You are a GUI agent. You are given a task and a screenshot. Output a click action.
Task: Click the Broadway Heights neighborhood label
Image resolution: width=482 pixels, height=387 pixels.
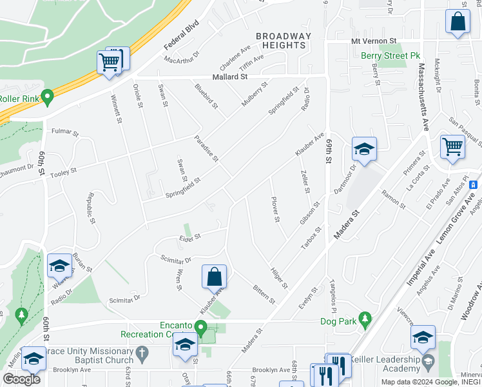click(284, 41)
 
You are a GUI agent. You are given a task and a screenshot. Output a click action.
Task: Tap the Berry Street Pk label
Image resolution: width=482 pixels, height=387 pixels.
click(389, 56)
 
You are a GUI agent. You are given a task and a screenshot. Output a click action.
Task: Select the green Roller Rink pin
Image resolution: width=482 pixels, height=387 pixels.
click(46, 98)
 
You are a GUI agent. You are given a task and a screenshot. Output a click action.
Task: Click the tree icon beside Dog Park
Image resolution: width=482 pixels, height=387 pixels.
click(365, 319)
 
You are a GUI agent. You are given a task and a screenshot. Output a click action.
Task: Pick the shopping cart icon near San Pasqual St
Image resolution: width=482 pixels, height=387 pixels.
click(452, 147)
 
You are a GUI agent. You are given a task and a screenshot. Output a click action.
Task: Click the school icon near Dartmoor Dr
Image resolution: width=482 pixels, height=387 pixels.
click(364, 150)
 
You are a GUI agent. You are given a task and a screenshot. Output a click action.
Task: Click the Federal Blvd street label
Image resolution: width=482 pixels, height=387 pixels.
click(182, 35)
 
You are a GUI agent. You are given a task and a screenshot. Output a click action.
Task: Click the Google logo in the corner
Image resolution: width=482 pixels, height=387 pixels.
click(21, 379)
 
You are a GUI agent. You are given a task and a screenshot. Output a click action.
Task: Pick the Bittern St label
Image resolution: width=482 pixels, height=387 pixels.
click(264, 292)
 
